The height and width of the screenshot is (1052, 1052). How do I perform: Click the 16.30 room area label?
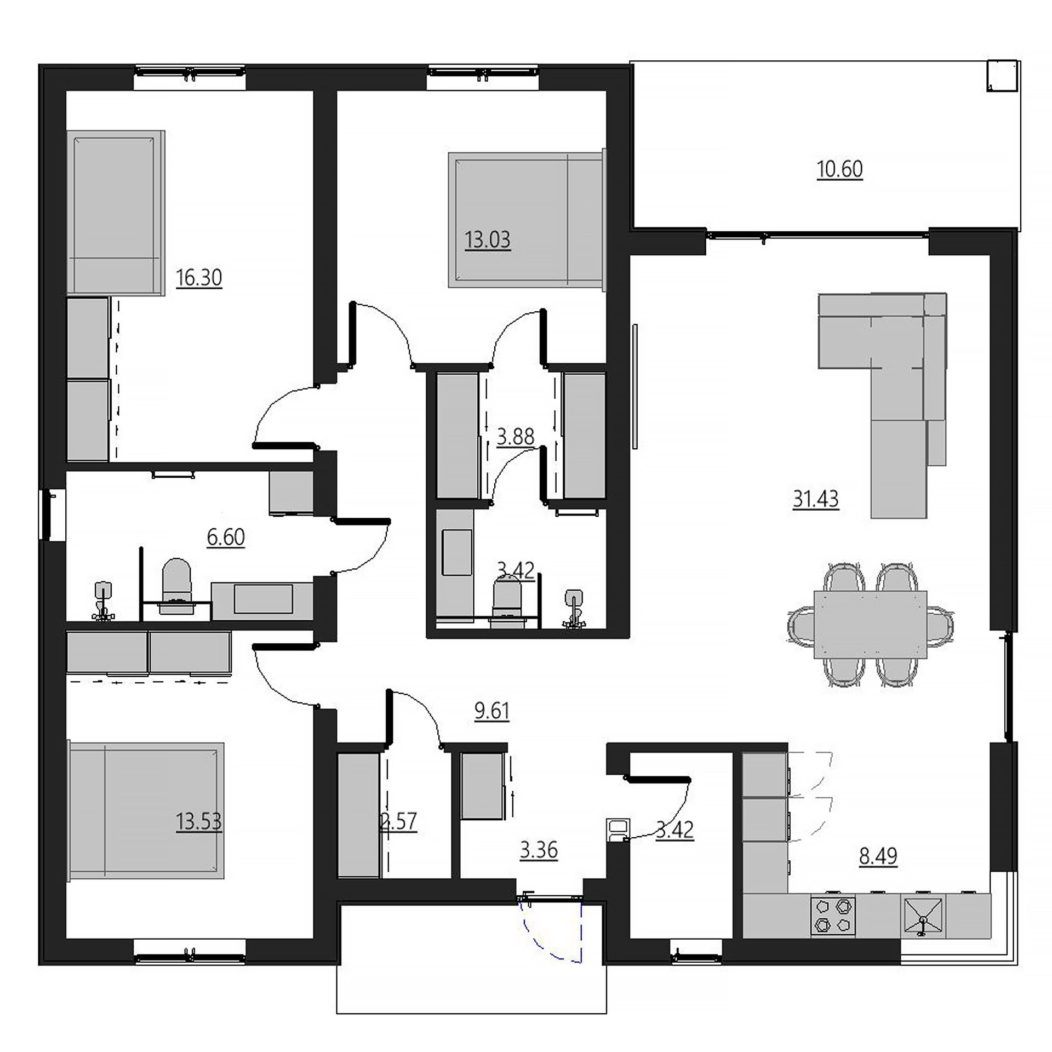(x=199, y=278)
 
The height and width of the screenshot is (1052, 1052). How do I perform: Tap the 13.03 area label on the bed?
(x=488, y=240)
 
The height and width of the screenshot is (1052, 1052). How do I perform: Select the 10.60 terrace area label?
(x=839, y=169)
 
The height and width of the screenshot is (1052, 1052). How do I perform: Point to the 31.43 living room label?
(x=816, y=499)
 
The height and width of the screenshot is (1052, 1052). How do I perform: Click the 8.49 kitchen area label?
(x=878, y=856)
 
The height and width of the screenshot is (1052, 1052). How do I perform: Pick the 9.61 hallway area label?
(x=492, y=711)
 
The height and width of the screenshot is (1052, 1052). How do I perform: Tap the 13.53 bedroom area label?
(x=199, y=822)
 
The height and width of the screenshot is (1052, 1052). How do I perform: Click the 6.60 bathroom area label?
(x=226, y=538)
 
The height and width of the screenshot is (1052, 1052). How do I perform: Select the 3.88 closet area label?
(x=516, y=437)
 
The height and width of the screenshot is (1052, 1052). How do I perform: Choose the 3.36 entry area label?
(x=539, y=850)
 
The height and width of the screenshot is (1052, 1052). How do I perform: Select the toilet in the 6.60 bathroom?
(x=176, y=586)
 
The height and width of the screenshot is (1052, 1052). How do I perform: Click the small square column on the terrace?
(x=1003, y=76)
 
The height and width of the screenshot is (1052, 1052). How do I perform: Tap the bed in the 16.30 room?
(x=116, y=213)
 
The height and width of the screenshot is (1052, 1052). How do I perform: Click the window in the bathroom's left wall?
(x=52, y=515)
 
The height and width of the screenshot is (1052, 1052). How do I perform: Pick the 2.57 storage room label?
(x=398, y=822)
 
